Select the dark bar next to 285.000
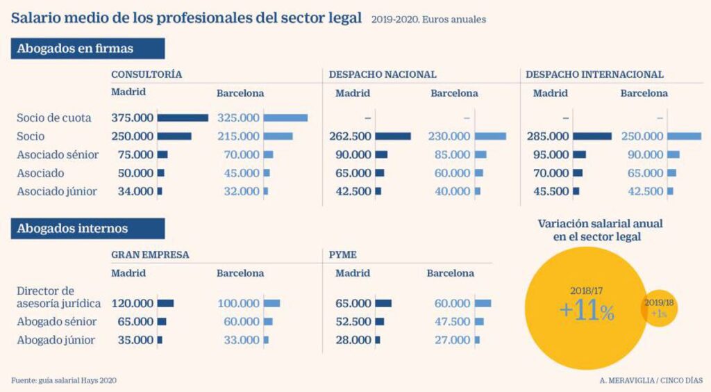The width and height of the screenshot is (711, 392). [592, 137]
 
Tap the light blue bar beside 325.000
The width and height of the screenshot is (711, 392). [285, 118]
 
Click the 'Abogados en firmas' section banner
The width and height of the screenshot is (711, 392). [87, 49]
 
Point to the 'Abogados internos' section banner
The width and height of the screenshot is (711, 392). [87, 228]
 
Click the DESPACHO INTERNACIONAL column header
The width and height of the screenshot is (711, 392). [594, 74]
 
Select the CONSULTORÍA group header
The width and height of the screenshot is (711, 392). [147, 74]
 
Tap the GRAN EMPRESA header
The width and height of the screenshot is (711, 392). [150, 254]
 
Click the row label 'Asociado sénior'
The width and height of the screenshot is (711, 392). [58, 155]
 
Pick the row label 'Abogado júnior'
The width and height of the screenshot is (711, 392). [56, 340]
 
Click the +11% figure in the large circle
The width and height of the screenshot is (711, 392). [587, 311]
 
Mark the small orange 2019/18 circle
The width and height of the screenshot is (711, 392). [659, 307]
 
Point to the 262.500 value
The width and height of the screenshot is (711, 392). [351, 137]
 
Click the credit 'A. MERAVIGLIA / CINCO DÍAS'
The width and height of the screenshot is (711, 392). [651, 380]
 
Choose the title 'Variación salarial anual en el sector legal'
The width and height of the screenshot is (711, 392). [601, 230]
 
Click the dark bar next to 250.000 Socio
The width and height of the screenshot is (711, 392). [174, 137]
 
